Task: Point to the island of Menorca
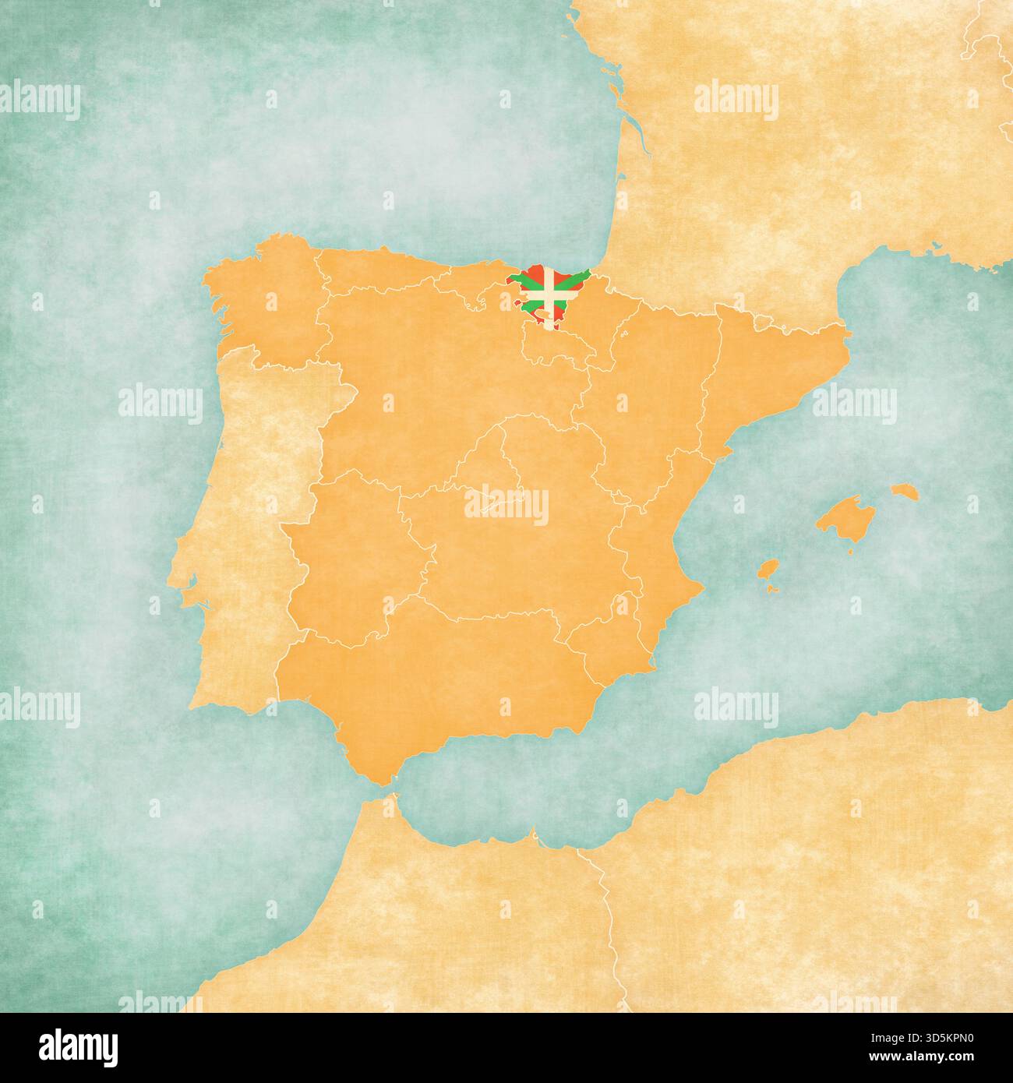[x=904, y=492]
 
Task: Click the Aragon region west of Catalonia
[x=662, y=390]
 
